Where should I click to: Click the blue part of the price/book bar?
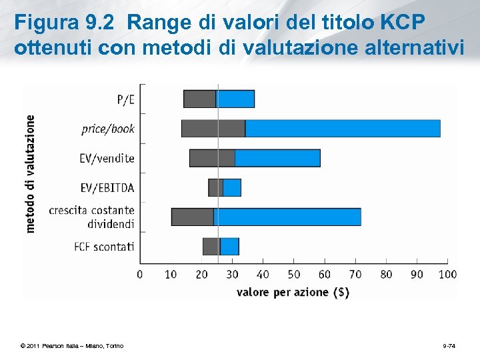(x=343, y=128)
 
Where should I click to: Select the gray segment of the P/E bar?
(x=200, y=99)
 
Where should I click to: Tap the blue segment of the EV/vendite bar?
(x=277, y=158)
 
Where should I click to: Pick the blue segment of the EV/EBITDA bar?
(x=232, y=187)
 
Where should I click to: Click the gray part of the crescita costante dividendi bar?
(x=193, y=217)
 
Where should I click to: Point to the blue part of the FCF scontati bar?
(x=229, y=246)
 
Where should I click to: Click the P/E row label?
(x=125, y=99)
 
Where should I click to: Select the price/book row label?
(x=108, y=129)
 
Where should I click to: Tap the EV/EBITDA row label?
(x=107, y=187)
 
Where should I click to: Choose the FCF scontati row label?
(x=104, y=247)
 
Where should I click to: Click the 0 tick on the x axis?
(x=140, y=274)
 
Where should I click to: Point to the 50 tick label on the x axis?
(x=294, y=274)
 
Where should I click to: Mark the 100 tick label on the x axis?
(x=448, y=274)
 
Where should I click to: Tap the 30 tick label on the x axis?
(x=233, y=274)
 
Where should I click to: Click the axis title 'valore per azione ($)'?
(x=293, y=292)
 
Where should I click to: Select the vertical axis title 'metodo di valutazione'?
(x=30, y=173)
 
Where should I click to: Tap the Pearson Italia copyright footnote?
(x=72, y=345)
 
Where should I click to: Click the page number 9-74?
(x=449, y=345)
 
